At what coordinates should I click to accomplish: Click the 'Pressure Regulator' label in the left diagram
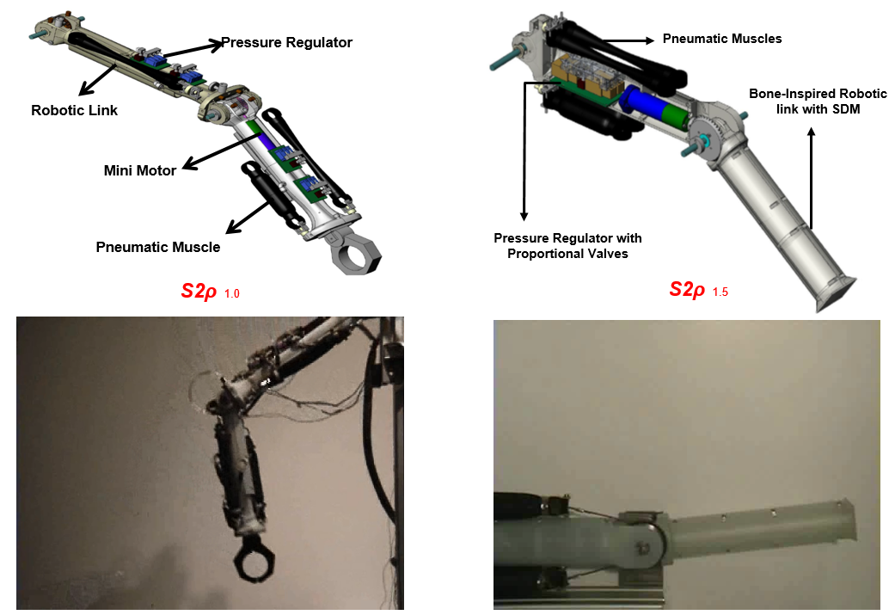[286, 42]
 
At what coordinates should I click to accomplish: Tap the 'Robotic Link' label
[74, 110]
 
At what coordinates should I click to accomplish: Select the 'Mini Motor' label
[139, 170]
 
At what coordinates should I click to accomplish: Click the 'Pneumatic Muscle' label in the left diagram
[157, 247]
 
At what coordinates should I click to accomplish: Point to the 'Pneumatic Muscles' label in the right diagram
[722, 39]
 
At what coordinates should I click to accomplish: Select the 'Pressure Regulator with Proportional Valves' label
[567, 245]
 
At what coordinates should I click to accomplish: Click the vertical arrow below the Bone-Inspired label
[810, 172]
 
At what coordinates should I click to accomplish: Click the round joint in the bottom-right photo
[647, 542]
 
